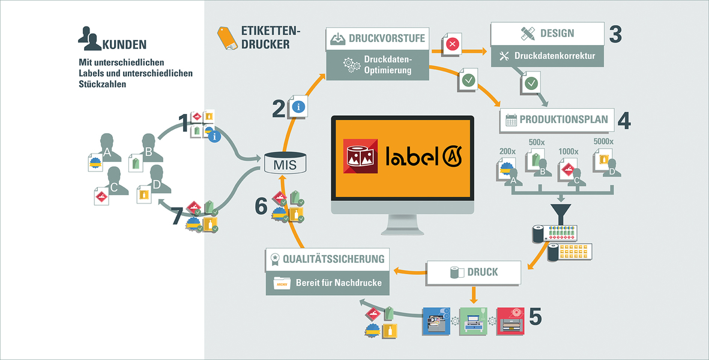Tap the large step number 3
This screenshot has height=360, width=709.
pyautogui.click(x=615, y=35)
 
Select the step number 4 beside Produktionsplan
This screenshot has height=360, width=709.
pyautogui.click(x=624, y=120)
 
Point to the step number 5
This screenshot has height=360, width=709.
pyautogui.click(x=536, y=317)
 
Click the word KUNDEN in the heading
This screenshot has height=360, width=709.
pyautogui.click(x=125, y=44)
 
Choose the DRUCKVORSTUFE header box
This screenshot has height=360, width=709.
pyautogui.click(x=378, y=38)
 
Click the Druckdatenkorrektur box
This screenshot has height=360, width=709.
pyautogui.click(x=547, y=57)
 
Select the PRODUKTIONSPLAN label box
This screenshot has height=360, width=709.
pyautogui.click(x=555, y=119)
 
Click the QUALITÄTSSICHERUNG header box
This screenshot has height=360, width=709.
pyautogui.click(x=327, y=259)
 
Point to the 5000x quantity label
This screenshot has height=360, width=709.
pyautogui.click(x=603, y=142)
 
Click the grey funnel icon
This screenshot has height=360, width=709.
pyautogui.click(x=561, y=212)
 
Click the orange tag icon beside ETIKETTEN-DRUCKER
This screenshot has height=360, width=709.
pyautogui.click(x=227, y=38)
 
